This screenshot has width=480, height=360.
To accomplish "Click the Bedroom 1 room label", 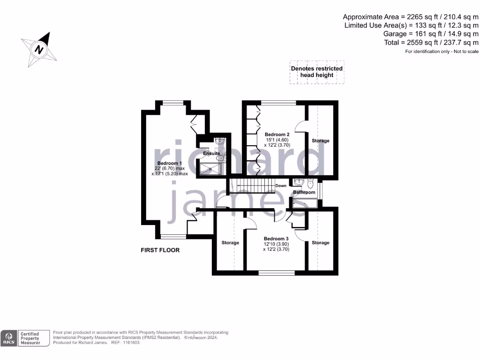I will tap(170, 164).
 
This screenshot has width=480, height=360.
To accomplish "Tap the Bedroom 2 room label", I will tap(274, 135).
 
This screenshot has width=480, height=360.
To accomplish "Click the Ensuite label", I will tap(211, 153).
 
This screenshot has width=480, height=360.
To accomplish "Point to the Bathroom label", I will tap(304, 192).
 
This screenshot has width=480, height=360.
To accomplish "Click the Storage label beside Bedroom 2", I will tap(321, 141).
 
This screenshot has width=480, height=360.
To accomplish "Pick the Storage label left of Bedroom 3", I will tap(230, 243).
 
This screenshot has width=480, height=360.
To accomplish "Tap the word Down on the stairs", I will tap(281, 186).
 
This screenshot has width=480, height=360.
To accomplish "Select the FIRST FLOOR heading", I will tap(160, 250).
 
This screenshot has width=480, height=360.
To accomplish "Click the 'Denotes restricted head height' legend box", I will tap(317, 72).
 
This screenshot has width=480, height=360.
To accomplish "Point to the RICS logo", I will tap(9, 338).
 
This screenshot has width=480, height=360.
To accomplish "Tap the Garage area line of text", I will tap(431, 34).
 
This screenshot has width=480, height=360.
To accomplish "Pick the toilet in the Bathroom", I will tap(310, 184).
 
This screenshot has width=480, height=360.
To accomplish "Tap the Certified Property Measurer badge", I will tap(33, 338).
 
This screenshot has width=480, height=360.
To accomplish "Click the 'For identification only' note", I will tap(442, 51).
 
